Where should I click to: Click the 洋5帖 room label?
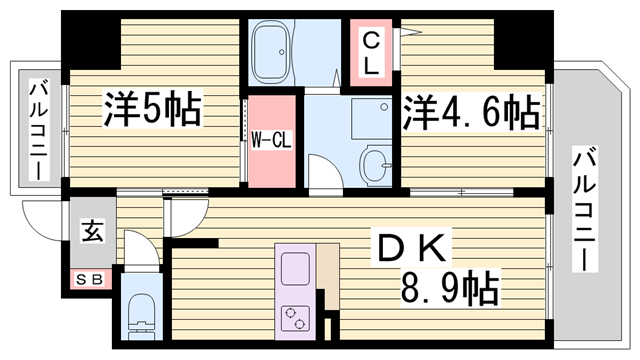point(152,108)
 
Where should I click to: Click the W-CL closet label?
point(271,139)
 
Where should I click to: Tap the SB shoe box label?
point(89,279)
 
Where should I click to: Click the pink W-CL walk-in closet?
point(271,140)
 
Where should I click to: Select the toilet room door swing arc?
point(140,250)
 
